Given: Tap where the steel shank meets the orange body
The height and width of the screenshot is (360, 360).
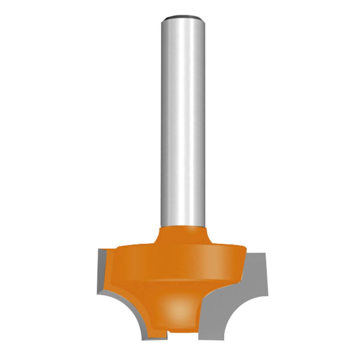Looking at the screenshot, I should point(183,226).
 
